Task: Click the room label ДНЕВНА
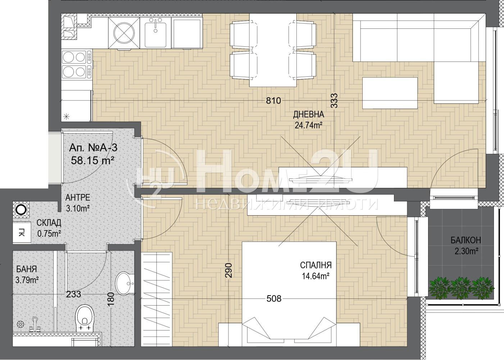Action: (x=308, y=114)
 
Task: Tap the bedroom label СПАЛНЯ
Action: (x=316, y=265)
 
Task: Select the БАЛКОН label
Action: (x=466, y=240)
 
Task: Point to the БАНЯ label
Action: (x=26, y=269)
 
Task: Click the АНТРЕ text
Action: (x=78, y=197)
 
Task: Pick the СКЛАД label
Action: (x=49, y=223)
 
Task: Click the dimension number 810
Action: (x=273, y=101)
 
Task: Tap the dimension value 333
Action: (x=334, y=100)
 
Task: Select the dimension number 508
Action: (x=274, y=298)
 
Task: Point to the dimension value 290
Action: (x=228, y=270)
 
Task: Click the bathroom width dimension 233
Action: (x=73, y=294)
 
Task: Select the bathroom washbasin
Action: (x=125, y=283)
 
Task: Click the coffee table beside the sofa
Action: (x=390, y=93)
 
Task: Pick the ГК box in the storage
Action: (x=22, y=232)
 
